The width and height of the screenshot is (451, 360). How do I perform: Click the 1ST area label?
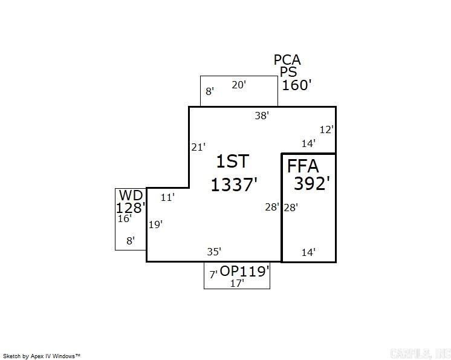pos(233,162)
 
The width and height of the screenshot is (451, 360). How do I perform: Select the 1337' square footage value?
pos(234,184)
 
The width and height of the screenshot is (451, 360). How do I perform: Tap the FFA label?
pos(302,166)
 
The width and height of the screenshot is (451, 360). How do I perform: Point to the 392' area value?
pos(312,183)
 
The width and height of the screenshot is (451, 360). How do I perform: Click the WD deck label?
pos(131,195)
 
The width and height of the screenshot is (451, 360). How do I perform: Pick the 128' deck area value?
pos(131,208)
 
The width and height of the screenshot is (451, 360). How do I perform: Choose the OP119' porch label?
pos(244,271)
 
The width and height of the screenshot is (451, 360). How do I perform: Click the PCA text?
pos(287,60)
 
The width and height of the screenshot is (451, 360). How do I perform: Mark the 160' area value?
pos(296,85)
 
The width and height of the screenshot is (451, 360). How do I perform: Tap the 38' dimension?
pos(261,115)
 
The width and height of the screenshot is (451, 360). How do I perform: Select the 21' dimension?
pos(198,147)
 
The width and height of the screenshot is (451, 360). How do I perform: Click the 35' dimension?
pos(214,251)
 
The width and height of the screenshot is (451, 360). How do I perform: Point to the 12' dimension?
pos(326,129)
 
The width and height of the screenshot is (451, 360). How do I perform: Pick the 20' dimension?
pos(239,85)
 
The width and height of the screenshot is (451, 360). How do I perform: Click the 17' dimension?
pos(237,283)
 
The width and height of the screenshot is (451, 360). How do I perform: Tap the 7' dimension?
pos(213,274)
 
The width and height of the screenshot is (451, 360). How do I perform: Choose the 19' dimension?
pos(155,224)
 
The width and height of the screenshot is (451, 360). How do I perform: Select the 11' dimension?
pos(167,197)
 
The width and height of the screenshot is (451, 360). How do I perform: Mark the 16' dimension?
pos(125,219)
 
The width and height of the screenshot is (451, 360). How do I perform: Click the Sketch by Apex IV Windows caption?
pos(42,356)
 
